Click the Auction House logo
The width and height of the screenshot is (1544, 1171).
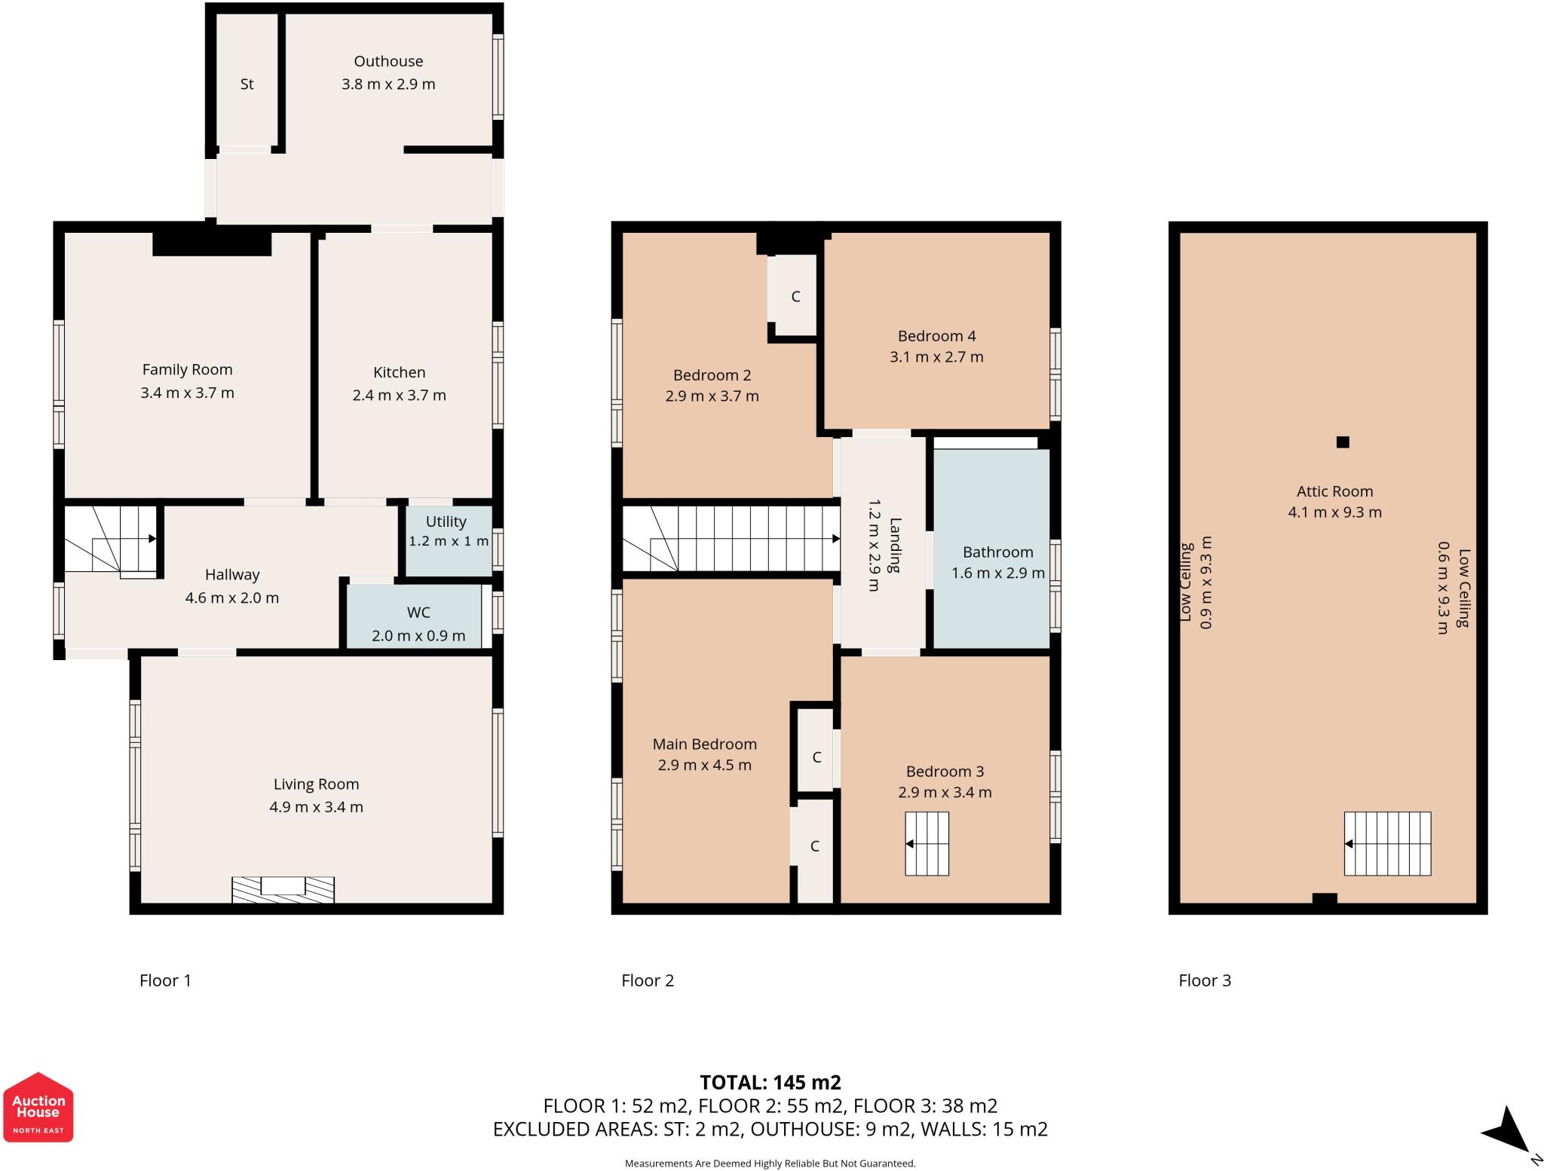(x=38, y=1107)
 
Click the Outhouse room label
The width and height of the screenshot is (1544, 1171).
(x=388, y=61)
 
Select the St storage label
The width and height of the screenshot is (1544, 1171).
(x=247, y=84)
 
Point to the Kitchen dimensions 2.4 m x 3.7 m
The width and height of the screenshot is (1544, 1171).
(x=399, y=395)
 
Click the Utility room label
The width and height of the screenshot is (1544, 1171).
(x=446, y=521)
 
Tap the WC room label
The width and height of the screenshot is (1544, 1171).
(x=418, y=613)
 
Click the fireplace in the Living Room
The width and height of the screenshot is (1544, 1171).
(x=283, y=889)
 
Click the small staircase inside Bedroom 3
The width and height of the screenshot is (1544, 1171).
(x=927, y=844)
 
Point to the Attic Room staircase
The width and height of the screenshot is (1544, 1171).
(x=1387, y=844)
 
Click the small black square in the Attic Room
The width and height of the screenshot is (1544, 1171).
(x=1343, y=442)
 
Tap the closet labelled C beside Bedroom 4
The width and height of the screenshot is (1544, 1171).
(x=795, y=296)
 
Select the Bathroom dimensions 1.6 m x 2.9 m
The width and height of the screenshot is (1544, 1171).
(x=997, y=573)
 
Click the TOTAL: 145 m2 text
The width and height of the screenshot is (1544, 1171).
(x=770, y=1082)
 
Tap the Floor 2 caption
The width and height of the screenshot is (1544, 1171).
(x=647, y=980)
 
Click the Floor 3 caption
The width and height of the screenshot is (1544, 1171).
(x=1204, y=980)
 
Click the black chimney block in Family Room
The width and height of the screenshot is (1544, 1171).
(x=212, y=243)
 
